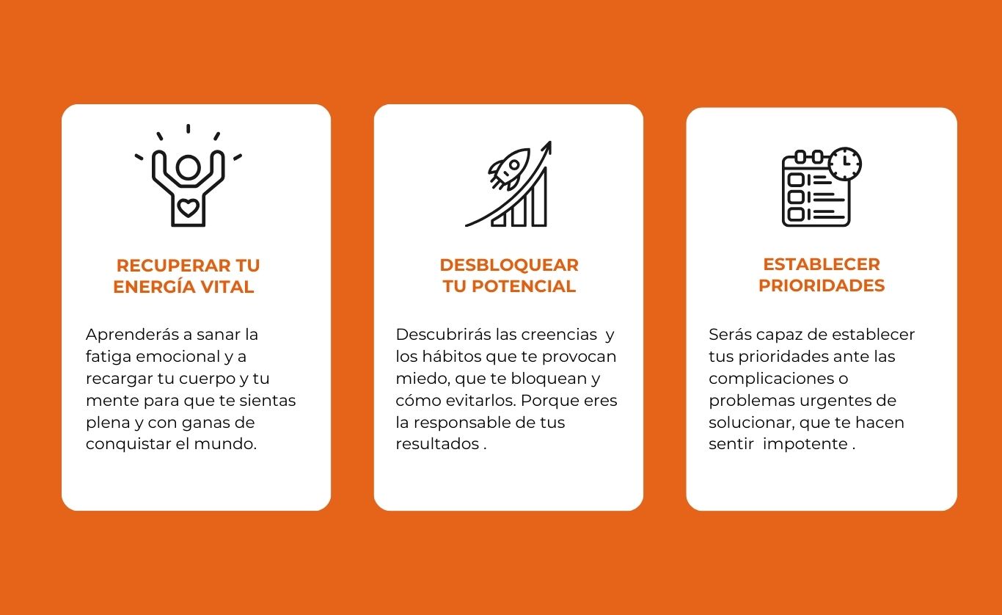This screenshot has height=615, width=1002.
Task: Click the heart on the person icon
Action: pos(188,208)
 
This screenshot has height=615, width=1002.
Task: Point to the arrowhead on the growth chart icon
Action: pos(546,148)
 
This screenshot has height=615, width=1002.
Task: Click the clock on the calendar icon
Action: pos(845,164)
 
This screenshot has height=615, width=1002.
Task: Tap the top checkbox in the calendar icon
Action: pos(796,180)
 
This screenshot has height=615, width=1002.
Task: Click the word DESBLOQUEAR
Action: pos(509,265)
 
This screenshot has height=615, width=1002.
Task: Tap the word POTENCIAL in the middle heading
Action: pos(523,286)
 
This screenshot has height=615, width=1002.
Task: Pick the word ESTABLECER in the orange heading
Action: pos(822,264)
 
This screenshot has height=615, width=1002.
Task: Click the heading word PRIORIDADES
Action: pos(822,285)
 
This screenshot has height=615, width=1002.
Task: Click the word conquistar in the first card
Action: pos(128,444)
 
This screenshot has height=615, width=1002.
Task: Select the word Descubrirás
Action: pos(443,335)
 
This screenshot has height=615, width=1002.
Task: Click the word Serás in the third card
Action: pos(730,335)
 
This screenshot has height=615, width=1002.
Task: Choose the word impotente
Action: pos(805,444)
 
